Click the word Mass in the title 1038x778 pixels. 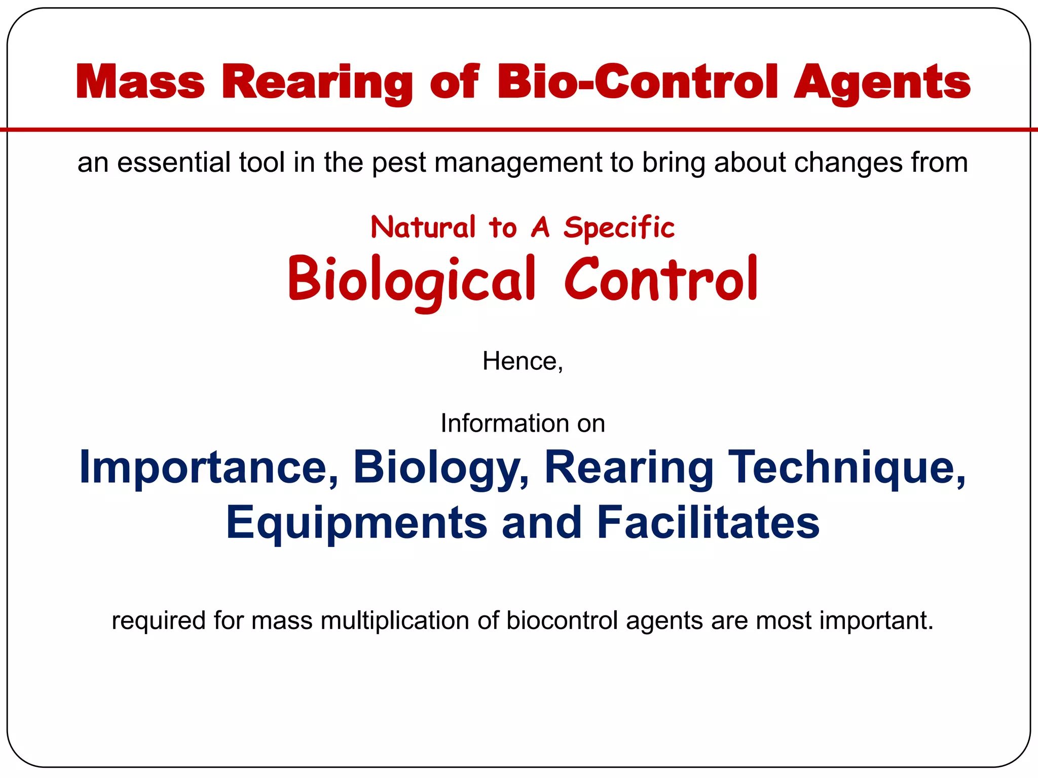[140, 82]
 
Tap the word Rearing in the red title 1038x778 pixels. [317, 82]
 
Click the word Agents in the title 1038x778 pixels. [882, 82]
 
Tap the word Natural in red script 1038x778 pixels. [423, 227]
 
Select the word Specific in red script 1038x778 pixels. [619, 227]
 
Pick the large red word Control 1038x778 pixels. [661, 279]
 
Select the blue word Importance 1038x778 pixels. [208, 467]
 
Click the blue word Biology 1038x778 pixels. [440, 467]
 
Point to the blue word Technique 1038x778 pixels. [846, 467]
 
